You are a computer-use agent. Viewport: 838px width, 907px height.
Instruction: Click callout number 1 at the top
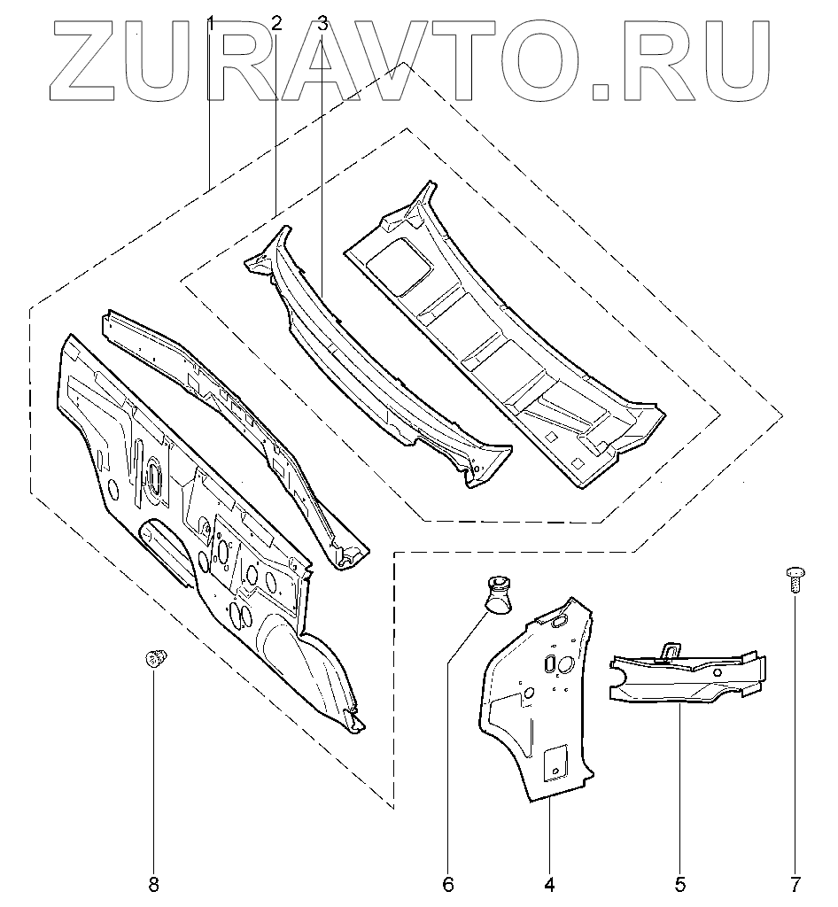point(211,24)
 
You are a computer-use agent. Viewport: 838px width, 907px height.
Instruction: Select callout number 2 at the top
point(276,24)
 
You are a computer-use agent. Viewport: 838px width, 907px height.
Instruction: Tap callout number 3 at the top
point(322,24)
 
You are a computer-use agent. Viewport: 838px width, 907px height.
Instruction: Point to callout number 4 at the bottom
point(549,883)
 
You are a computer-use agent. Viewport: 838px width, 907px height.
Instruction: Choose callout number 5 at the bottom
point(680,883)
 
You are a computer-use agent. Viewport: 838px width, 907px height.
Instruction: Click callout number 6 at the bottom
point(447,883)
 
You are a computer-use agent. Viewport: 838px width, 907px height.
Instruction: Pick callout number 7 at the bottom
point(795,883)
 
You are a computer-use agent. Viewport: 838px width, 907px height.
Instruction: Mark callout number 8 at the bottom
point(154,883)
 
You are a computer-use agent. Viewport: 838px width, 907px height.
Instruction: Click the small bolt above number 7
point(794,578)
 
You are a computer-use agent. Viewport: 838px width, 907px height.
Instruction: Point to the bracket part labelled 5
point(687,678)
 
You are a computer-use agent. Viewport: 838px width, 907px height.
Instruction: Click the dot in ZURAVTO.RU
point(603,89)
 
